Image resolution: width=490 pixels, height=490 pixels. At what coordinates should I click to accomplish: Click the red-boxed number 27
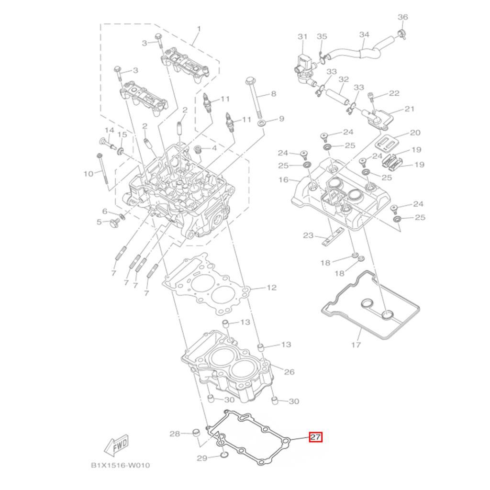point(315,437)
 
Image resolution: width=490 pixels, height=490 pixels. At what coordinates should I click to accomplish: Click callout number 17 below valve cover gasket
point(356,345)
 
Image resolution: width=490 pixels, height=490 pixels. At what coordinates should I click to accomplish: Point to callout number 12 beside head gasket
point(271,288)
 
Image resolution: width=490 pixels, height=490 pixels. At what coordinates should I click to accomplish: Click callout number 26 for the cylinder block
point(289,372)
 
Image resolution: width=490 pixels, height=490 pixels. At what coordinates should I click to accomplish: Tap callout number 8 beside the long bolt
point(273,94)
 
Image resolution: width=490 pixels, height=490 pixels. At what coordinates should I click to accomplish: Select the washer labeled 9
point(262,124)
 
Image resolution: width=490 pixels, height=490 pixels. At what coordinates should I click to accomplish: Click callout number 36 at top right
point(403,17)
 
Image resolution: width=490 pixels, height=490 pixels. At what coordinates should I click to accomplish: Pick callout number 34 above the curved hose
point(364,35)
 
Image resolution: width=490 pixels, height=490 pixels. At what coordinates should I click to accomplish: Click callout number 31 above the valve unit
point(302,36)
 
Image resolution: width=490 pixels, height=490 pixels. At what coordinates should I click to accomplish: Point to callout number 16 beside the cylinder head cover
point(283,180)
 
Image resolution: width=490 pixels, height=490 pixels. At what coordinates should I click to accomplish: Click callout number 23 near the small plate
point(308,235)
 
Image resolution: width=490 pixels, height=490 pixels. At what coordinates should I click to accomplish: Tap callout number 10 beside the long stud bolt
point(88,174)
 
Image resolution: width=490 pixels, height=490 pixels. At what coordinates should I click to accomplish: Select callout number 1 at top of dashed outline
point(199,29)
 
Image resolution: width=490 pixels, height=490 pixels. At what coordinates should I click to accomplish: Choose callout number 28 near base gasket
point(175,434)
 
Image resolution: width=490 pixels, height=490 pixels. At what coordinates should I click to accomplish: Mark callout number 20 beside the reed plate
point(415,133)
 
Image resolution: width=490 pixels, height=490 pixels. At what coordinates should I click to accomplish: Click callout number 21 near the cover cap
point(409,109)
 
